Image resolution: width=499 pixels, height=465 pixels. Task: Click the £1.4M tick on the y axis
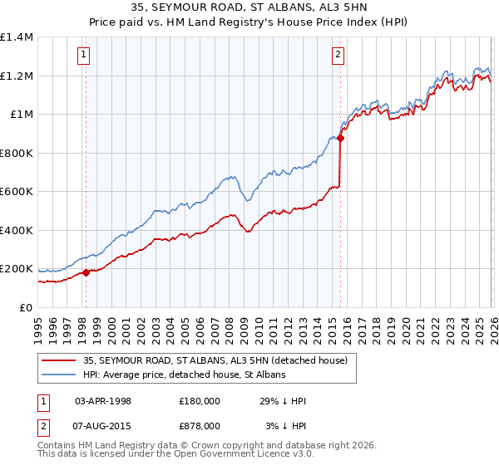point(17,37)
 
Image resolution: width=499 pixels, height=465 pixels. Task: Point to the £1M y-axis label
point(22,115)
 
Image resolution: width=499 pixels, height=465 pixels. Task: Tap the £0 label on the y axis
point(26,307)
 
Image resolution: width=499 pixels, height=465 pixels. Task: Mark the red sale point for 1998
point(86,272)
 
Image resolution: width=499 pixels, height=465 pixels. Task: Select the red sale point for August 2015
point(340,139)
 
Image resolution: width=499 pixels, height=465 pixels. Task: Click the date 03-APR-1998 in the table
point(103,401)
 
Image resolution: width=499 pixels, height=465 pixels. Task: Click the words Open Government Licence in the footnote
point(220,456)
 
